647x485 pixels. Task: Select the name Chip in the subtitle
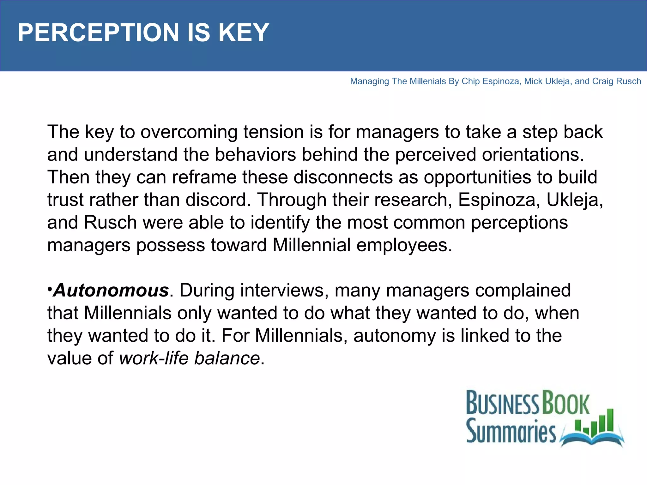coord(470,81)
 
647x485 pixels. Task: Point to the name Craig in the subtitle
coord(602,81)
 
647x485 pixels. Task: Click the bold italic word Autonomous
coord(111,290)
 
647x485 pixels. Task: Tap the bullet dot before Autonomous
coord(50,289)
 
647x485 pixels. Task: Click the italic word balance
coord(227,358)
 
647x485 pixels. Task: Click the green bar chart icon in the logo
coord(594,422)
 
